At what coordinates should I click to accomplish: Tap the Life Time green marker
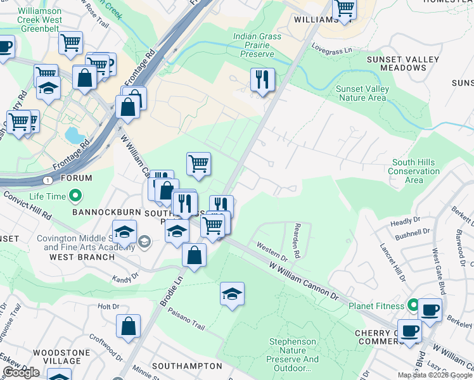75,196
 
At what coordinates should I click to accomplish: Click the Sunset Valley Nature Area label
361,93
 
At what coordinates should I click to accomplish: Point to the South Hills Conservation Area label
413,171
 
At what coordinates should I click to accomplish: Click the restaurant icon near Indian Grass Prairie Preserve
262,80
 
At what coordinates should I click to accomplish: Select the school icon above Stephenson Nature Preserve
233,294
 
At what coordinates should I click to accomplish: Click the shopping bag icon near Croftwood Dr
128,327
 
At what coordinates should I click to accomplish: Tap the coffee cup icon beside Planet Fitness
430,310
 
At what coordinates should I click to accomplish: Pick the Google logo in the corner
21,372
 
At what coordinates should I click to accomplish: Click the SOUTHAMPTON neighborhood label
187,366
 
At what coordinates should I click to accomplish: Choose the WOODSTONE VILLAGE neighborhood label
58,356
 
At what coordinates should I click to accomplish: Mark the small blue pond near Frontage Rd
73,135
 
